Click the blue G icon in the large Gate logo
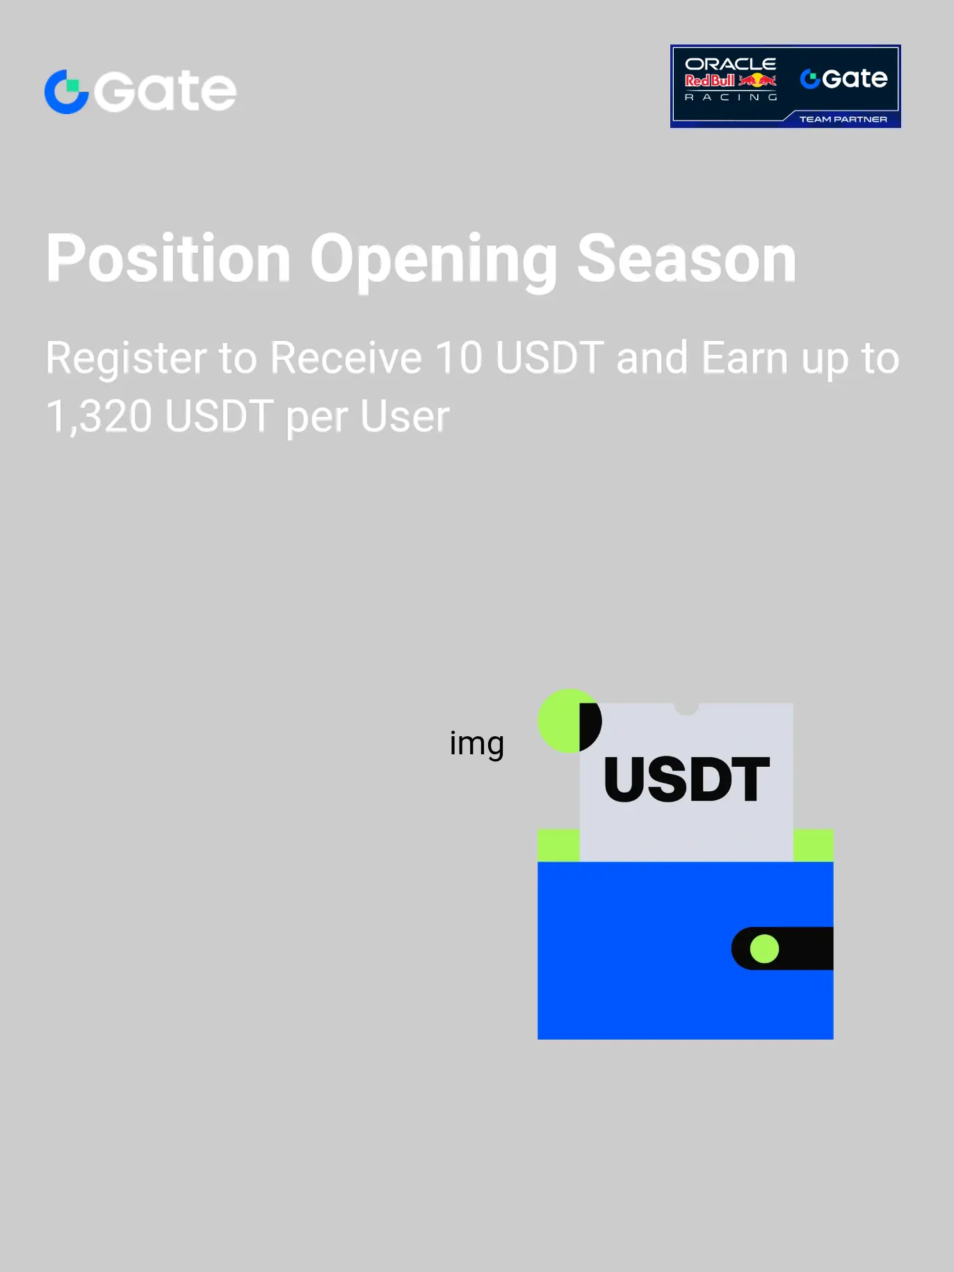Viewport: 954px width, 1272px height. click(67, 91)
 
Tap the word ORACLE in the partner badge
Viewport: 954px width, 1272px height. click(730, 64)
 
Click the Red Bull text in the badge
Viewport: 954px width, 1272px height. click(710, 81)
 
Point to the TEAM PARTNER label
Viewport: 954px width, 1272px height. click(843, 119)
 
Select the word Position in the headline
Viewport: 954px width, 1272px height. click(168, 259)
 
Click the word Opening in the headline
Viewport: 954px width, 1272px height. click(434, 262)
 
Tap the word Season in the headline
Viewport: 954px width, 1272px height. click(687, 259)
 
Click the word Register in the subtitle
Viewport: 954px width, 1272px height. click(127, 359)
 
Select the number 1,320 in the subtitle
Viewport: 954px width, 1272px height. click(99, 417)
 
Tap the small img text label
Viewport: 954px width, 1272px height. click(477, 744)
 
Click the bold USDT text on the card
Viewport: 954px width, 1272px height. click(687, 779)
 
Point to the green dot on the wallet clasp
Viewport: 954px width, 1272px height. click(764, 948)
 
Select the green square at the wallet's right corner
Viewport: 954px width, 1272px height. click(813, 845)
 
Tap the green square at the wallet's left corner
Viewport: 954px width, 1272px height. click(558, 845)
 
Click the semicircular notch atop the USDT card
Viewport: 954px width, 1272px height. click(686, 708)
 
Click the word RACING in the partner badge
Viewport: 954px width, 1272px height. click(730, 97)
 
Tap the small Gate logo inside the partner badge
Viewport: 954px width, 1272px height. click(843, 79)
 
